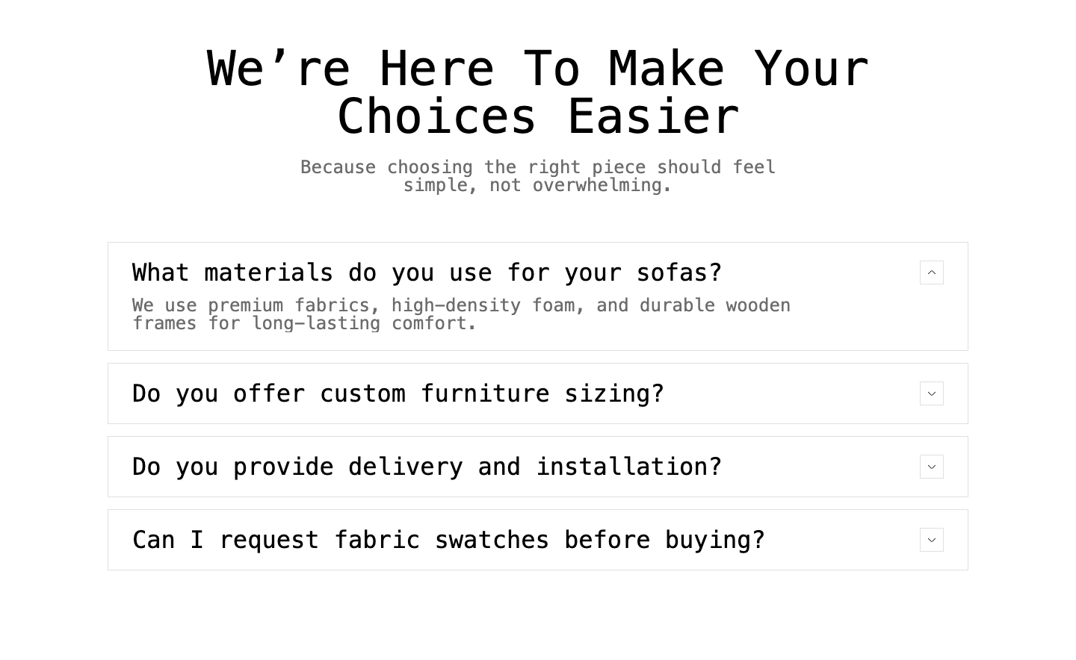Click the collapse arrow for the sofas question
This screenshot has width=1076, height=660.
pyautogui.click(x=931, y=273)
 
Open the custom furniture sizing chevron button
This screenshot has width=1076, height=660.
pyautogui.click(x=931, y=393)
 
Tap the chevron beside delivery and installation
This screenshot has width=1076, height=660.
pyautogui.click(x=931, y=467)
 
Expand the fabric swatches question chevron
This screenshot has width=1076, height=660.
pyautogui.click(x=931, y=540)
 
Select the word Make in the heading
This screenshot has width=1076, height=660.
pyautogui.click(x=667, y=68)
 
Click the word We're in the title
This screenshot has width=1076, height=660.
pyautogui.click(x=278, y=68)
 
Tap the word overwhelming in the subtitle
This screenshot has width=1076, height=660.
pyautogui.click(x=597, y=185)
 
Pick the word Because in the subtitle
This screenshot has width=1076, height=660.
pyautogui.click(x=338, y=167)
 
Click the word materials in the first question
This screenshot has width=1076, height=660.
pyautogui.click(x=268, y=273)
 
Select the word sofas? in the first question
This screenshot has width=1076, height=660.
pyautogui.click(x=679, y=273)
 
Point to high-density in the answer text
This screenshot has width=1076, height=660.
pyautogui.click(x=456, y=305)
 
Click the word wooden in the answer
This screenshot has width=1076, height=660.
pyautogui.click(x=758, y=305)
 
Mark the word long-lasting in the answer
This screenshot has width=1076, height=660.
pyautogui.click(x=317, y=323)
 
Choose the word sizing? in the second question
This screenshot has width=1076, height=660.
pyautogui.click(x=614, y=393)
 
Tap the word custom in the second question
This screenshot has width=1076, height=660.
pyautogui.click(x=362, y=393)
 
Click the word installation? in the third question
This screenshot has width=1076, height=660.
pyautogui.click(x=629, y=467)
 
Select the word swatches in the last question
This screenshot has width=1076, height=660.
pyautogui.click(x=492, y=540)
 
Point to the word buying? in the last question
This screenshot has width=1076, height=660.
pyautogui.click(x=715, y=540)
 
